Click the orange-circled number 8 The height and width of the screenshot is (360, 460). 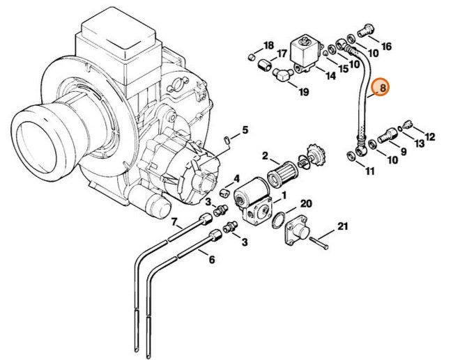coord(381,88)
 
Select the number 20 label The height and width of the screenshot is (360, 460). coord(306,203)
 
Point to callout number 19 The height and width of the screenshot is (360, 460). coord(303,92)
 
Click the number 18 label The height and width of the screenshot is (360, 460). coord(269,46)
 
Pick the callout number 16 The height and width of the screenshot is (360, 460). coord(386,47)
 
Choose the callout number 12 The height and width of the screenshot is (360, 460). coord(429,136)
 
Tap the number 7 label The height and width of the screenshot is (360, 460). coord(176,223)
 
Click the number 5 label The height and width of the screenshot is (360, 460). coord(245,130)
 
